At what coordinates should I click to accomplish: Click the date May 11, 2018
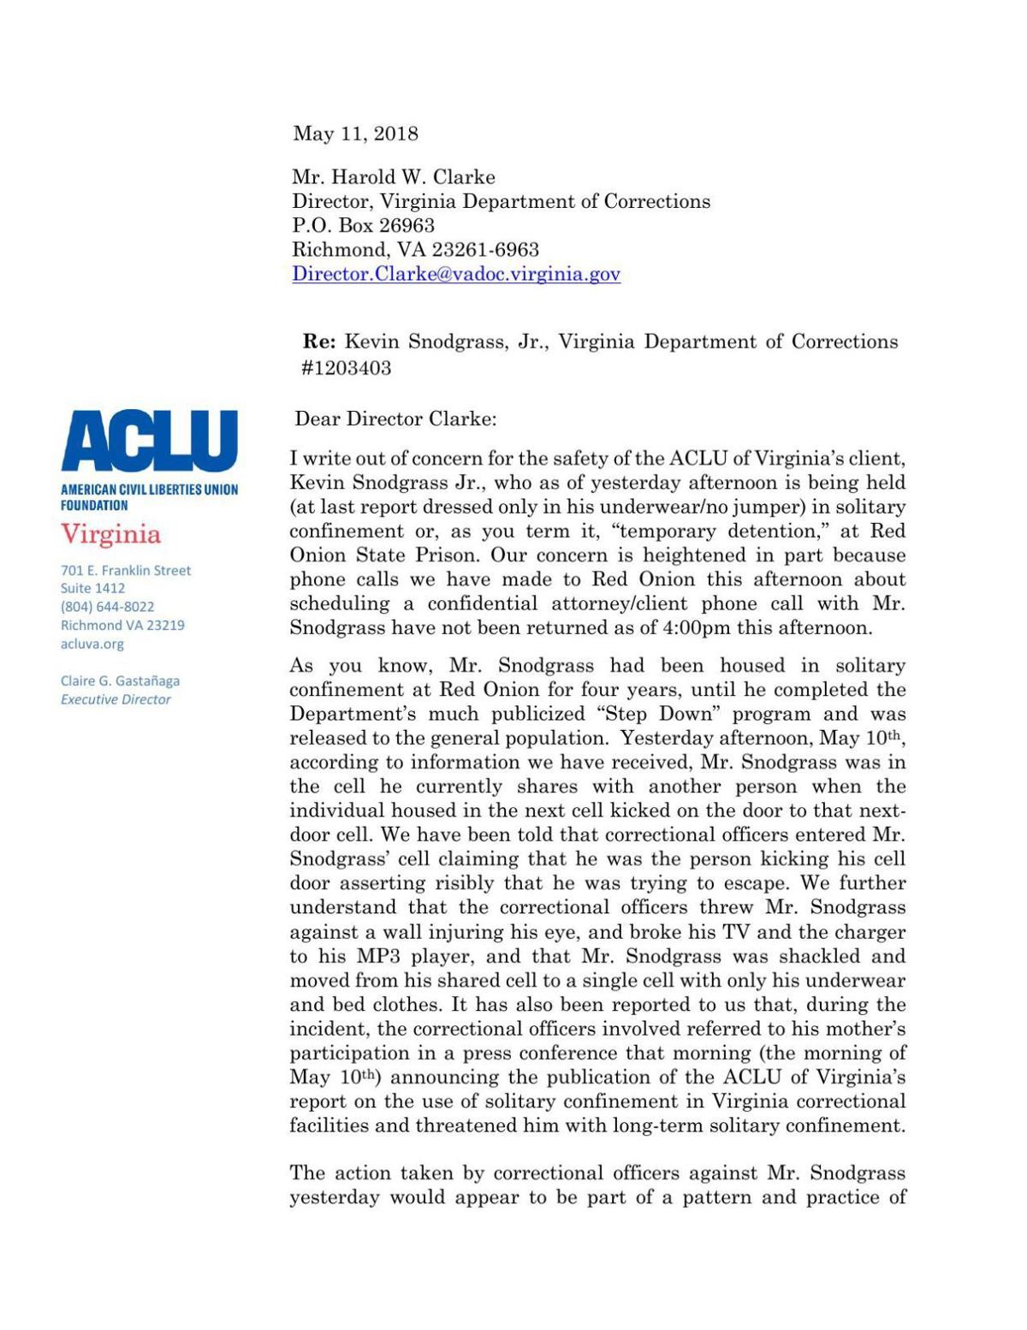click(x=355, y=134)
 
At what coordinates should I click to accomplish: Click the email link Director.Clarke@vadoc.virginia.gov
click(x=455, y=274)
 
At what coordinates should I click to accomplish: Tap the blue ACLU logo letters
click(x=149, y=441)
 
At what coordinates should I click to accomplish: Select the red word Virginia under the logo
click(x=110, y=535)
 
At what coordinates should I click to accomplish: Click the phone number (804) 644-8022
click(x=107, y=607)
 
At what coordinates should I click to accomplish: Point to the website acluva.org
click(x=92, y=644)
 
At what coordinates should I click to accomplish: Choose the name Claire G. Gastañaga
click(x=120, y=681)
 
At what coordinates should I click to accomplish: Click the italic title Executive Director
click(x=116, y=699)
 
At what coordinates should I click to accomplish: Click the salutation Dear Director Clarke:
click(x=395, y=419)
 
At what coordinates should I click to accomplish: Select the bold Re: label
click(x=319, y=342)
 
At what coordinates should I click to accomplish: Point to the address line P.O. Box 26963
click(x=363, y=226)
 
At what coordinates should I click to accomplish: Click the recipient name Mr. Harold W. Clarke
click(x=394, y=177)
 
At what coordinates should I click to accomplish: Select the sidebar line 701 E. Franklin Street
click(x=125, y=570)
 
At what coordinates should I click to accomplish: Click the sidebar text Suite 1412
click(x=92, y=588)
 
